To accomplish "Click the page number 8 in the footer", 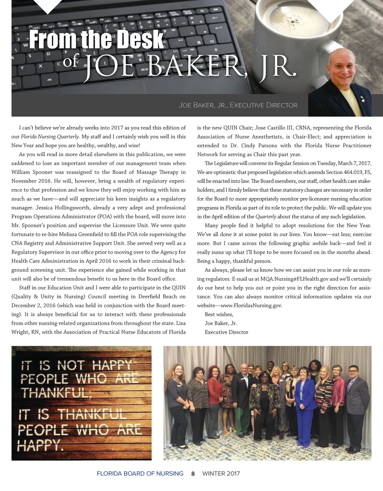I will [x=193, y=474].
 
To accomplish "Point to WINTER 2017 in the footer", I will [x=221, y=474].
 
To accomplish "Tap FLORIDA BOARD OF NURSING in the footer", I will [x=140, y=474].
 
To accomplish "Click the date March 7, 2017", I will [x=354, y=163].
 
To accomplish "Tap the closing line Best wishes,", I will [x=219, y=314].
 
